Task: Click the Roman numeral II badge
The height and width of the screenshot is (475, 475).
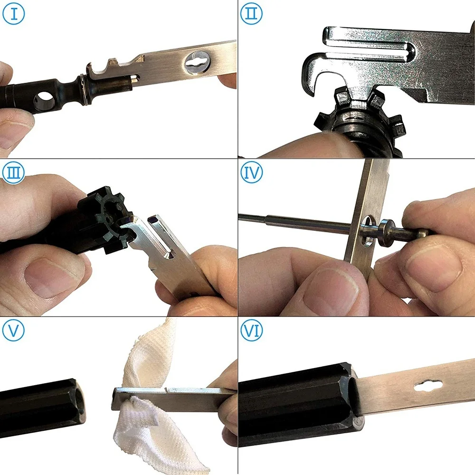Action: [251, 14]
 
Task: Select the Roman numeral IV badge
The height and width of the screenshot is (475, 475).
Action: [251, 172]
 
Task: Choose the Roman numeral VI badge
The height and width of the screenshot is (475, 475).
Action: [251, 331]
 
